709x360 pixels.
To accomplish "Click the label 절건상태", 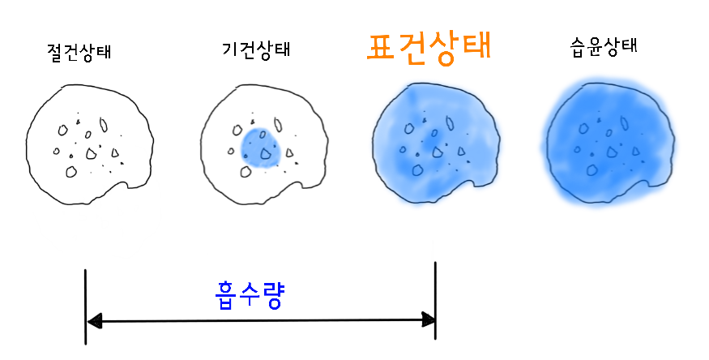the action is (79, 53).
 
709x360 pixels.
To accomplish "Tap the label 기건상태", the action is (256, 49).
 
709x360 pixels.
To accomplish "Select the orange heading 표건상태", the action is (429, 48).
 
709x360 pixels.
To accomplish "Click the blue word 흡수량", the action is (250, 296).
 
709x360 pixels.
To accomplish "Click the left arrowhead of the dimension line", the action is (94, 322).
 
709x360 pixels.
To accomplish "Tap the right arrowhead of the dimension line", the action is (429, 321).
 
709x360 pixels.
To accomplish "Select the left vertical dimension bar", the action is (85, 306).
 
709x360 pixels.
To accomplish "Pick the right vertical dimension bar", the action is (436, 300).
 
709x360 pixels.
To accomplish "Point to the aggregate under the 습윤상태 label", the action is (607, 143).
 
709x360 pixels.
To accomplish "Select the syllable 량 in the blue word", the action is (274, 296).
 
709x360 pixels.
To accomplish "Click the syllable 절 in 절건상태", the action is (56, 53).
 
